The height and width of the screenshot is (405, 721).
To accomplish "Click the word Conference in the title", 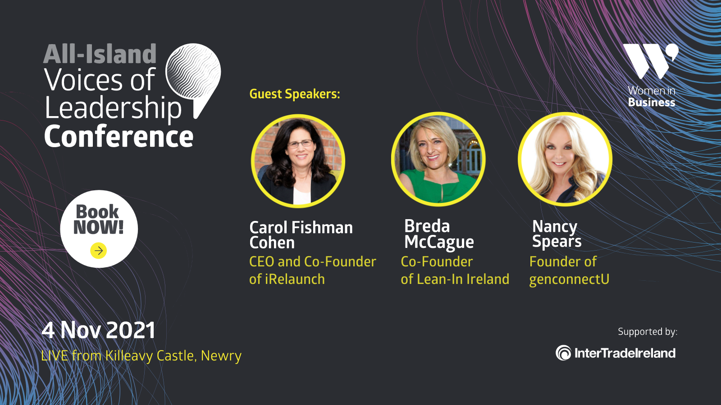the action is click(x=119, y=136).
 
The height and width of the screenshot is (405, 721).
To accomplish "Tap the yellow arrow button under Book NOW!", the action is click(x=99, y=250).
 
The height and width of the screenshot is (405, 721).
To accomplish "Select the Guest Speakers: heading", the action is click(x=295, y=94).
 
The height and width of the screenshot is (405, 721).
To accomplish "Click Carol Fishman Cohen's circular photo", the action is click(x=298, y=161).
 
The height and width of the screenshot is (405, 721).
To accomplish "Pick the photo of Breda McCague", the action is click(x=438, y=159).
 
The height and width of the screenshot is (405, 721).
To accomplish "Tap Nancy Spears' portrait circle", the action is click(x=565, y=159).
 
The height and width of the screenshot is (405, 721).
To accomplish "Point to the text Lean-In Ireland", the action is click(x=463, y=279).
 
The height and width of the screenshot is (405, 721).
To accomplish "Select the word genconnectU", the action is click(x=569, y=279).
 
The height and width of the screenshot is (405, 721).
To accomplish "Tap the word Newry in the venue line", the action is click(x=221, y=356).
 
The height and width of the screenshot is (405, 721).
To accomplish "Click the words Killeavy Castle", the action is click(x=150, y=356).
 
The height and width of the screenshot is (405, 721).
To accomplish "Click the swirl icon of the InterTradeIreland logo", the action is click(x=563, y=353).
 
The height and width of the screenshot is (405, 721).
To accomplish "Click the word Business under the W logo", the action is click(x=652, y=102).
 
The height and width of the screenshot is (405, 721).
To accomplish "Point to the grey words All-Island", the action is click(x=100, y=54).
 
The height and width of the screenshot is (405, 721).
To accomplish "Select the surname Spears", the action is click(x=557, y=242).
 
